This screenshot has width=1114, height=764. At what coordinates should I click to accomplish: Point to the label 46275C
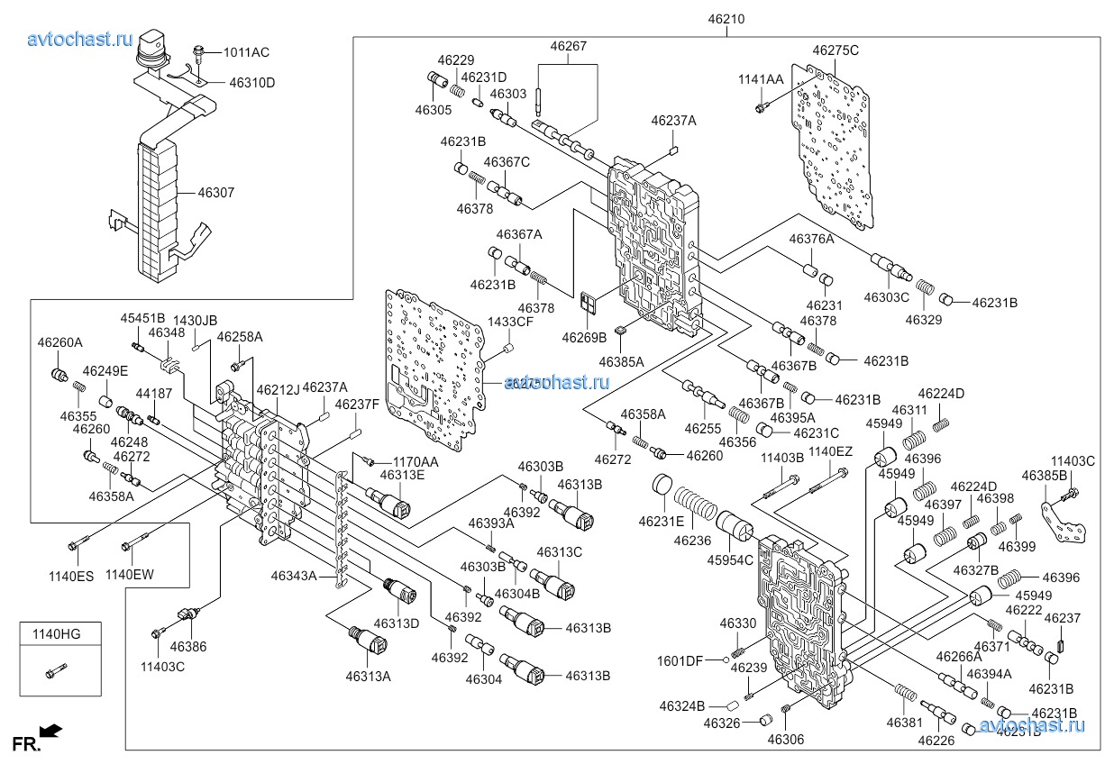click(x=835, y=50)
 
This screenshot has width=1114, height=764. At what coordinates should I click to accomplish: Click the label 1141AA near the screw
click(x=761, y=79)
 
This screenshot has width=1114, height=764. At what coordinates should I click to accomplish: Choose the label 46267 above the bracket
click(x=569, y=46)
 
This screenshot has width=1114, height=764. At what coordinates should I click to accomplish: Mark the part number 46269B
click(x=584, y=337)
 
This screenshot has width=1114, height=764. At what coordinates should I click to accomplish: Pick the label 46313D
click(x=397, y=624)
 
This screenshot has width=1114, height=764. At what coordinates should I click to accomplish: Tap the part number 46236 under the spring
click(x=692, y=541)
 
